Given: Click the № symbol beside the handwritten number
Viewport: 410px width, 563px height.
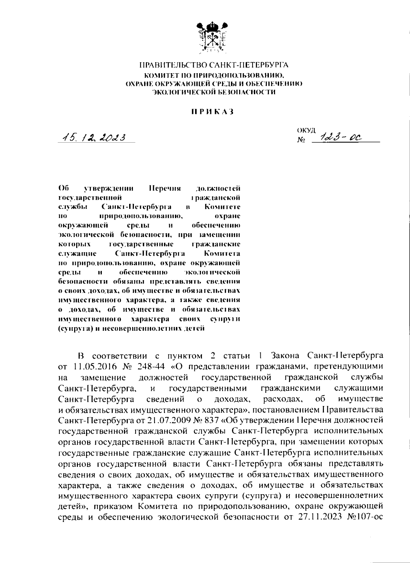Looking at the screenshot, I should click(x=301, y=140).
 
